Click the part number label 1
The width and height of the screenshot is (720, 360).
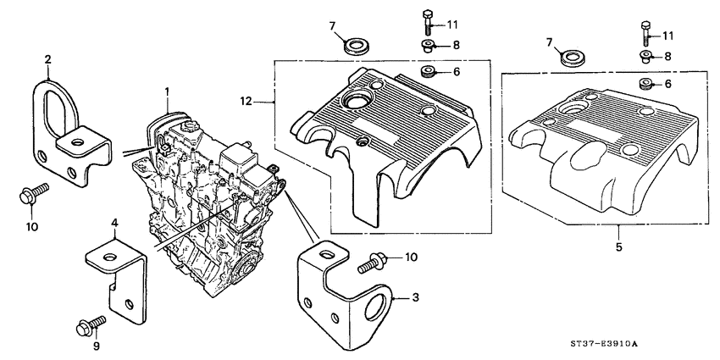[168, 91]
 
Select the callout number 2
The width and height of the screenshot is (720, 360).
[48, 58]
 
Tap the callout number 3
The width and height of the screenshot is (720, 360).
[416, 296]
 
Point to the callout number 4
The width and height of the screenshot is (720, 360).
[115, 224]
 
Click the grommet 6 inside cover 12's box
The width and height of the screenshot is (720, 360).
[429, 70]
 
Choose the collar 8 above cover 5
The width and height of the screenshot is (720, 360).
[645, 58]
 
